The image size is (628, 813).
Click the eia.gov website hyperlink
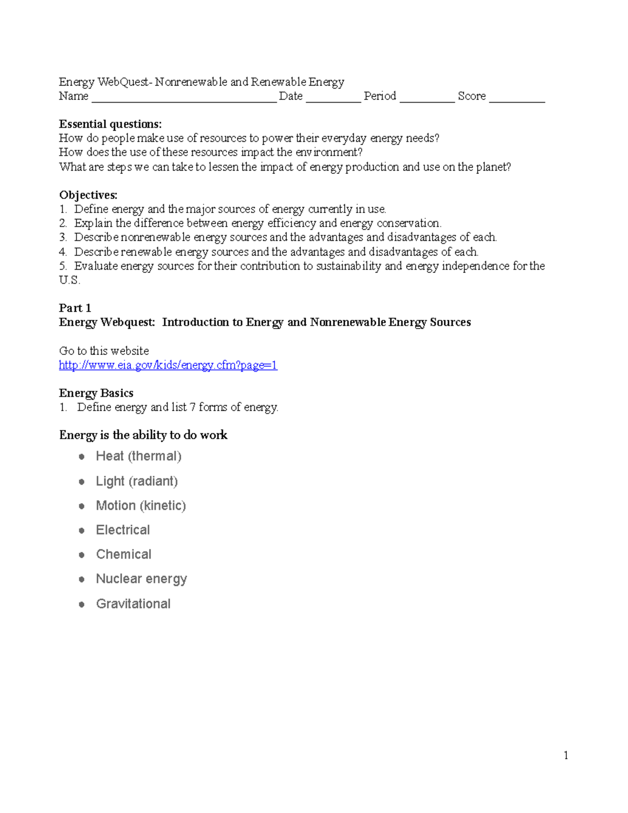[168, 365]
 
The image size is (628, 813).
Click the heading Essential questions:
[110, 124]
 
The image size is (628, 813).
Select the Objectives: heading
[88, 195]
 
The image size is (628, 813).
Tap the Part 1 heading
[75, 308]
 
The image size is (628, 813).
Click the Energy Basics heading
[96, 393]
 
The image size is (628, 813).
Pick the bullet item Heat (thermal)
[139, 456]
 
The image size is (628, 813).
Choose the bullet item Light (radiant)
[137, 481]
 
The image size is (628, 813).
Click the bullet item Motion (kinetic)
[141, 506]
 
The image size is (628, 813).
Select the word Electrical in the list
[123, 530]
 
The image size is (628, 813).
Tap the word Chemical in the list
[124, 554]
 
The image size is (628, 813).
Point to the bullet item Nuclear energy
[141, 579]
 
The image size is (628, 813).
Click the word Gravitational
[133, 604]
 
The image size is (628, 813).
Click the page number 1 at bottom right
[566, 755]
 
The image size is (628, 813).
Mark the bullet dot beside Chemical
[82, 555]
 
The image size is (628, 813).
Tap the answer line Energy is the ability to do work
[143, 435]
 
